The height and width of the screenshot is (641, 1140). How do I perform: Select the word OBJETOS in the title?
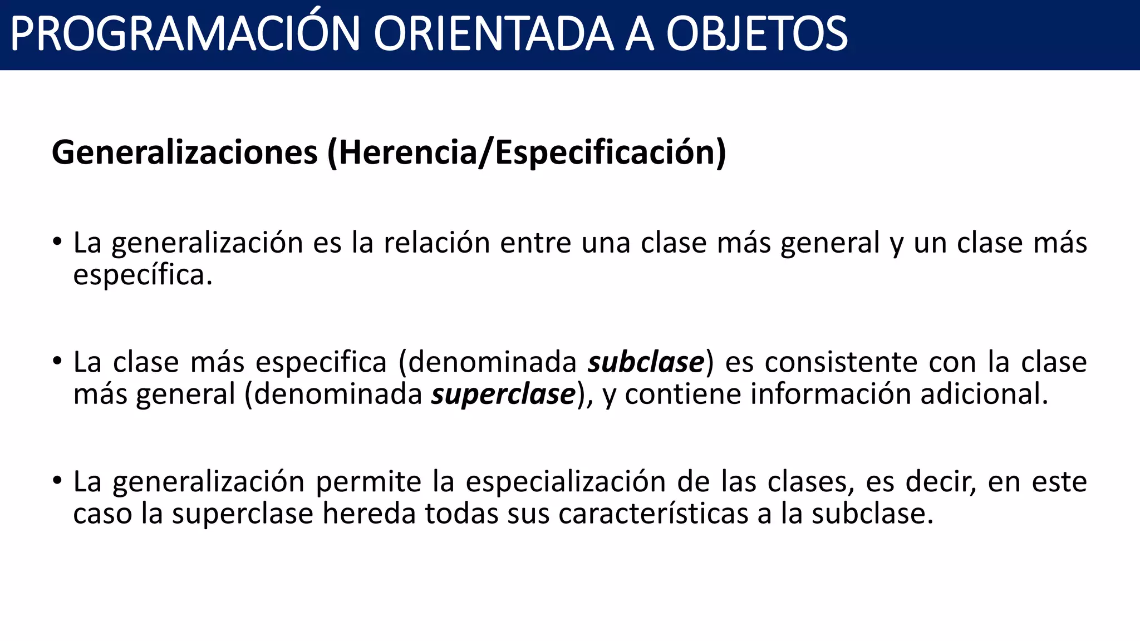(756, 34)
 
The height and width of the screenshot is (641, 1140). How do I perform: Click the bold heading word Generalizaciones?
(184, 152)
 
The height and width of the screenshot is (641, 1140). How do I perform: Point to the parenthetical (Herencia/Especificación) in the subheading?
(527, 152)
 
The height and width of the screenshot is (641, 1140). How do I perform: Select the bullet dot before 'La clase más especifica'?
(57, 362)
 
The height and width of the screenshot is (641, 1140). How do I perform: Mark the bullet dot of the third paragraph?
(57, 481)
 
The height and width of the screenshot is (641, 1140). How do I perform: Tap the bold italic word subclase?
(646, 362)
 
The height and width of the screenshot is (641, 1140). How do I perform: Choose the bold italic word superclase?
(503, 395)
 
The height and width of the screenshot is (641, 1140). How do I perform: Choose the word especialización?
(566, 482)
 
